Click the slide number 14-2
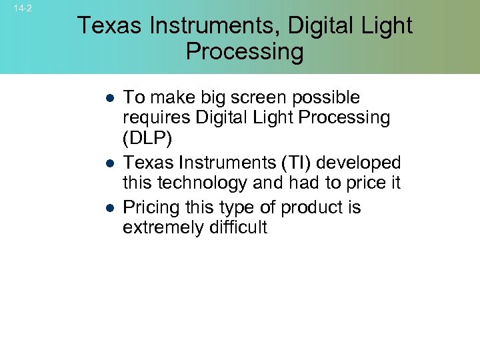23,9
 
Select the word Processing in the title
244,51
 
